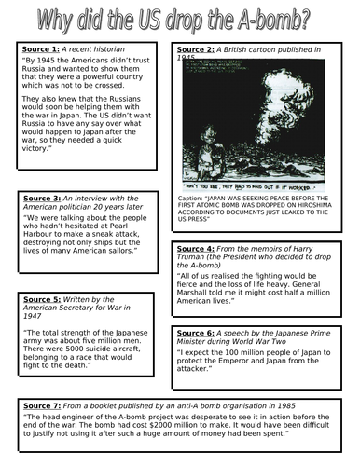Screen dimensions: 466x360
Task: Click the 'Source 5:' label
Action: coord(40,298)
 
